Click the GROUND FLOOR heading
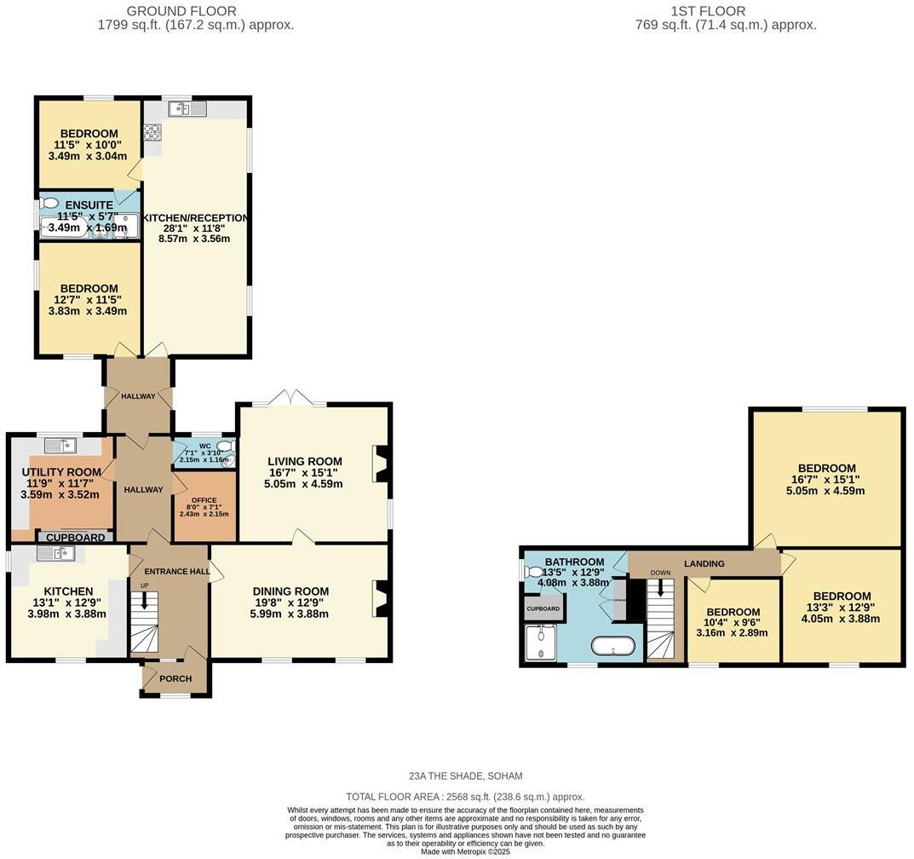click(181, 11)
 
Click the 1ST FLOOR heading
click(707, 11)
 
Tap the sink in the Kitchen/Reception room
click(187, 108)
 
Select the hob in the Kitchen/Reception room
click(153, 131)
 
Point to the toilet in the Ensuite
click(49, 204)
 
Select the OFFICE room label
click(204, 500)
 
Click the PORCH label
click(176, 678)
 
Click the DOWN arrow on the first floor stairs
click(660, 585)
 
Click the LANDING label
click(704, 563)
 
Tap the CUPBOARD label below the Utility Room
click(75, 538)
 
